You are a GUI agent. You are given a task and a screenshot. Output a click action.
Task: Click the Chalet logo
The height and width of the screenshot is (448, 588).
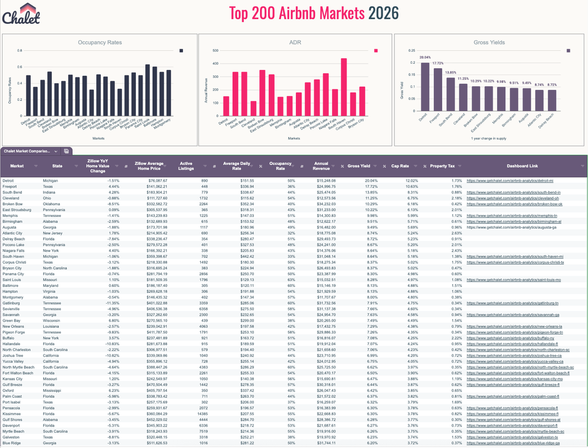click(x=22, y=14)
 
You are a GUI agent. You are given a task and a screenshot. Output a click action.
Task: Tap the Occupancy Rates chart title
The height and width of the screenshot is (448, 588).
click(x=100, y=43)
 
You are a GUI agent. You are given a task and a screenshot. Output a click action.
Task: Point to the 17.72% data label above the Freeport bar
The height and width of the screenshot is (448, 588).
click(x=438, y=63)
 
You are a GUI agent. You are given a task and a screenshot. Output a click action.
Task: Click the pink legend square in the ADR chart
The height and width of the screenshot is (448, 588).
click(x=376, y=50)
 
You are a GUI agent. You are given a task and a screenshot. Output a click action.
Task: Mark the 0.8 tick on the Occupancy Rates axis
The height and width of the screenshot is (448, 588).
click(x=19, y=50)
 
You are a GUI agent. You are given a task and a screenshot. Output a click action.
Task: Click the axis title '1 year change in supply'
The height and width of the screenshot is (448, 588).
click(x=490, y=139)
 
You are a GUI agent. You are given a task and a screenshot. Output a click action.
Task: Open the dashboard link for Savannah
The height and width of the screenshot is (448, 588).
click(x=513, y=315)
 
